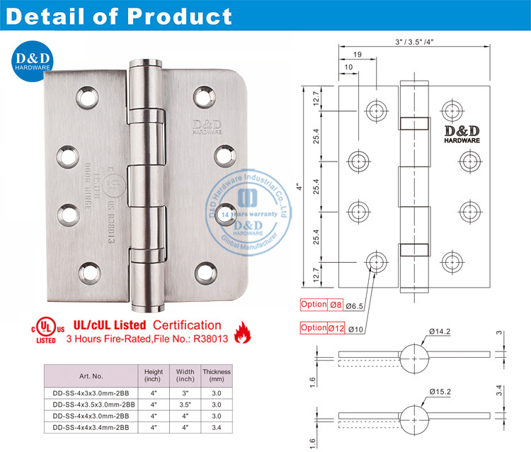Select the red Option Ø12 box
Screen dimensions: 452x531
pos(323,328)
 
